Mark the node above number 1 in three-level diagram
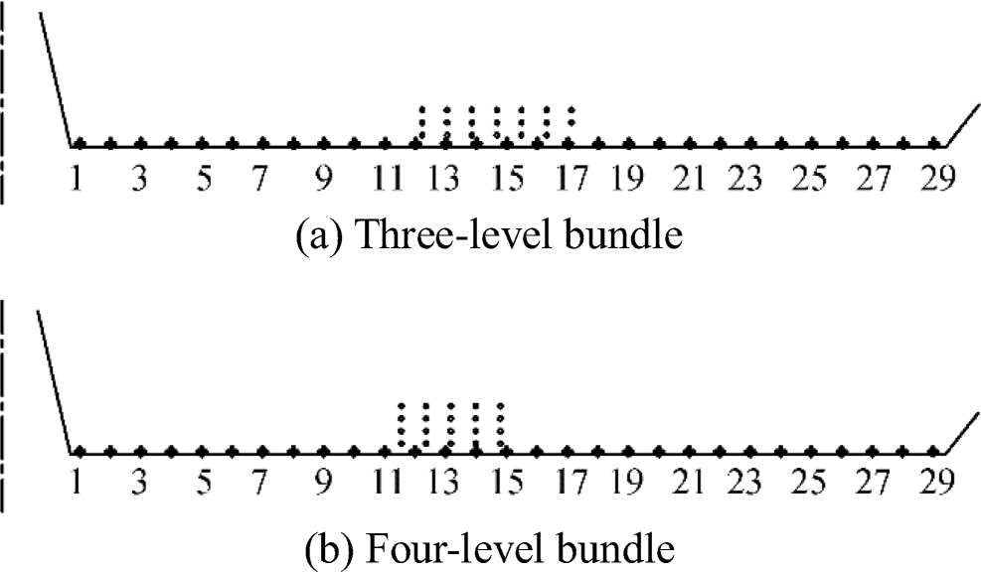[x=79, y=144]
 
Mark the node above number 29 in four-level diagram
[x=934, y=452]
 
